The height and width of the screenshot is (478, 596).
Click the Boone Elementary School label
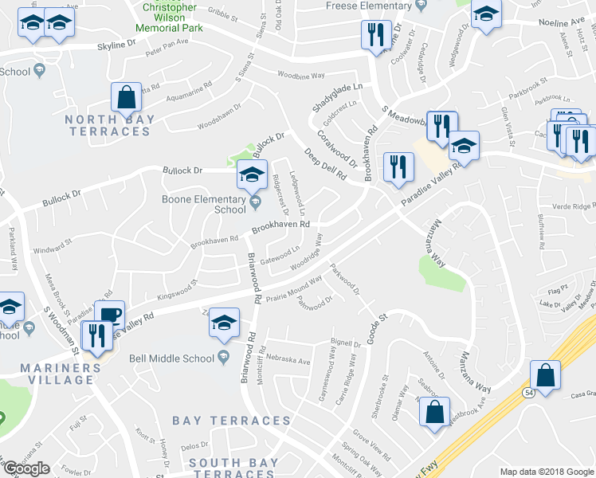tap(203, 205)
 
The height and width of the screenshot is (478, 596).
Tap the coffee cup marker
tap(109, 313)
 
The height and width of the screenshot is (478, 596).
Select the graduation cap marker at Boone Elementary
tap(253, 174)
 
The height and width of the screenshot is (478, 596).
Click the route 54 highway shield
tap(528, 393)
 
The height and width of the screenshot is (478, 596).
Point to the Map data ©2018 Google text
tap(546, 472)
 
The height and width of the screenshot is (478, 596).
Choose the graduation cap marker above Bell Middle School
tap(224, 322)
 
